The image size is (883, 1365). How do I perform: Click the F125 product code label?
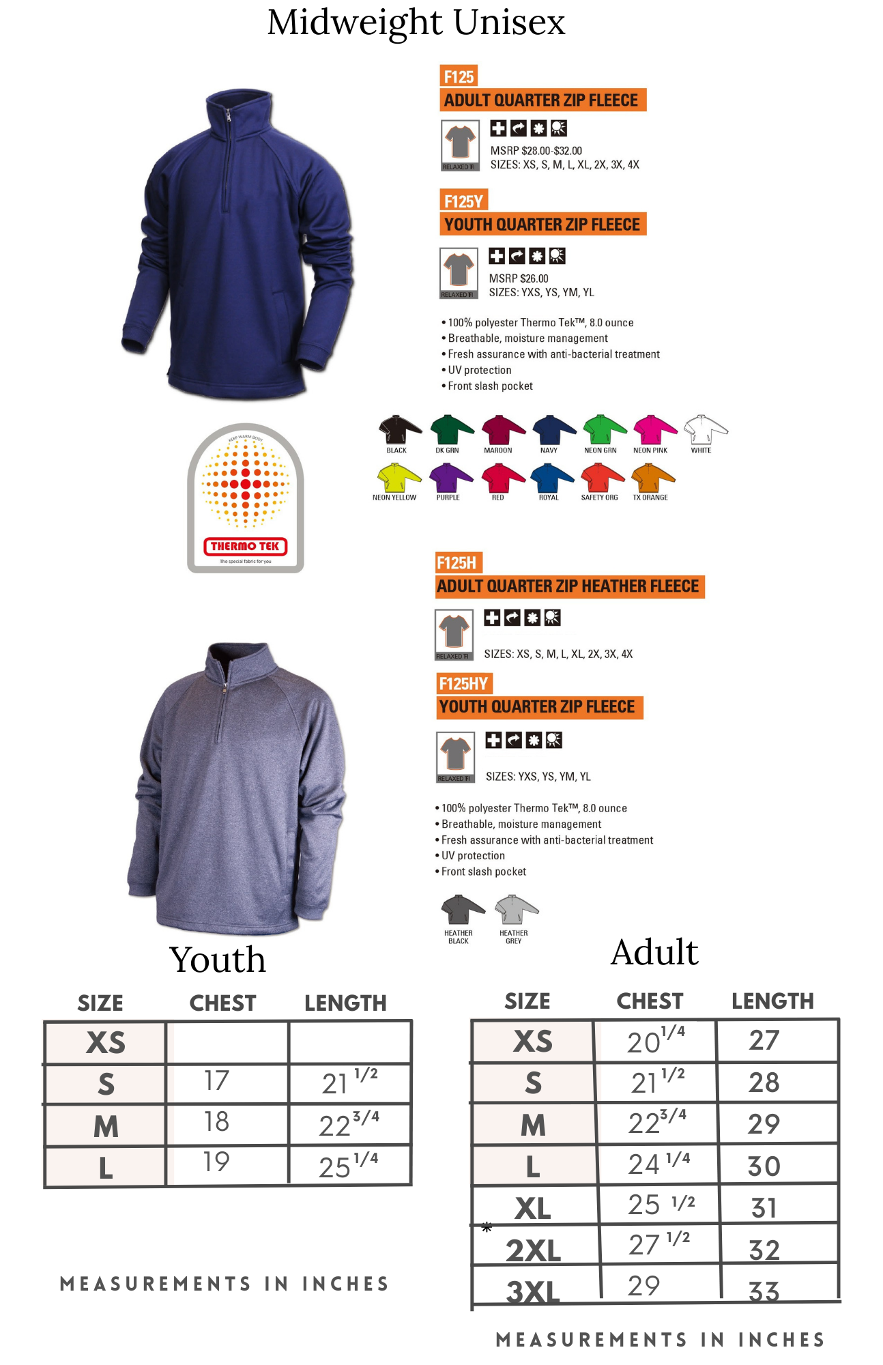tap(459, 76)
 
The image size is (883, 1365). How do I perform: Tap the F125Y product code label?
tap(463, 201)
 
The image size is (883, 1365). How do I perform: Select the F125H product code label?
tap(457, 563)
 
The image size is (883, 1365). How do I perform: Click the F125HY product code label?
tap(464, 684)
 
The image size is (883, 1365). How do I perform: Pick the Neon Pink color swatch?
tap(653, 430)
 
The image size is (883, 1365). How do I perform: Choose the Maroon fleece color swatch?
tap(502, 430)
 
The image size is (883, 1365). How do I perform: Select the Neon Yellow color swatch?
tap(397, 478)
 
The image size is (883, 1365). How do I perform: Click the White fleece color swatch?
tap(704, 430)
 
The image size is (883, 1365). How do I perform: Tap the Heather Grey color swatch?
tap(515, 910)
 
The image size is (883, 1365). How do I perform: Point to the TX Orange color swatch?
tap(652, 478)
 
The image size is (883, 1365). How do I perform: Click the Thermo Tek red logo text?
tap(245, 546)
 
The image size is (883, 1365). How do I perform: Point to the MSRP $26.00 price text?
tap(519, 278)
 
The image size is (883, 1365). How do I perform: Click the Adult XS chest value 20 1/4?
tap(655, 1041)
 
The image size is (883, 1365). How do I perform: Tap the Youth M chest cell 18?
tap(217, 1123)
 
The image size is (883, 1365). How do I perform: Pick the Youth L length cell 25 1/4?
tap(348, 1165)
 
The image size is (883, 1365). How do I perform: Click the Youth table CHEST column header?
tap(222, 1003)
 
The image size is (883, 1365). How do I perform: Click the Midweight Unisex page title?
tap(416, 22)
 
